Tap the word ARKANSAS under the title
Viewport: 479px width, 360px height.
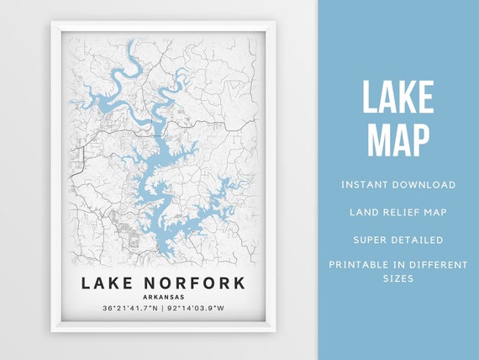[163, 297]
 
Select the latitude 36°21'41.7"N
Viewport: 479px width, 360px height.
[129, 310]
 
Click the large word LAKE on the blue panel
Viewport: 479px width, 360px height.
[398, 99]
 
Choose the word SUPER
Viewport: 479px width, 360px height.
[370, 240]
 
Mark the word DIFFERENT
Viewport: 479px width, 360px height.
[439, 265]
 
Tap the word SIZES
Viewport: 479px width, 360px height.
[398, 278]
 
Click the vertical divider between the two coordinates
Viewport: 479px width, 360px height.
[163, 310]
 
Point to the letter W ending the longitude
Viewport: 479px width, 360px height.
[222, 310]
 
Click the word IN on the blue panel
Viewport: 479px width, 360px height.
[406, 265]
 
